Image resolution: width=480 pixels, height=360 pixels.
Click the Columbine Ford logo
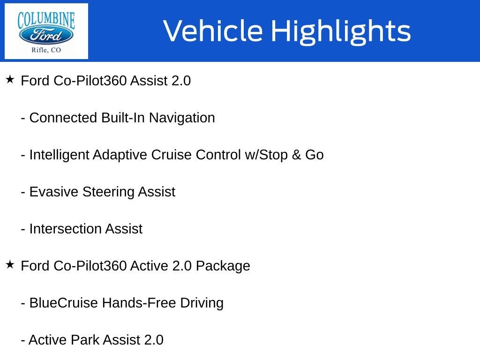coord(46,31)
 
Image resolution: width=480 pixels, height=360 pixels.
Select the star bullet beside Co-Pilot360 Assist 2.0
coord(10,80)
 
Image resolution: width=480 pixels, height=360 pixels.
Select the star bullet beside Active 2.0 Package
coord(10,265)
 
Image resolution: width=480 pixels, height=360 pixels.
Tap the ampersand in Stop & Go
coord(296,155)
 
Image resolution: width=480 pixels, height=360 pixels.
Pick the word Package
coord(223,266)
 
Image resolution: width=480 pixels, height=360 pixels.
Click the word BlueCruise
coord(64,303)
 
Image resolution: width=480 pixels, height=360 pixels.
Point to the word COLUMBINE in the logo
coord(46,20)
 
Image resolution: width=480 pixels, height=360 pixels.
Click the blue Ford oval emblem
coord(46,36)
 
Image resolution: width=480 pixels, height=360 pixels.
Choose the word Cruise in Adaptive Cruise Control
coord(172,155)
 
